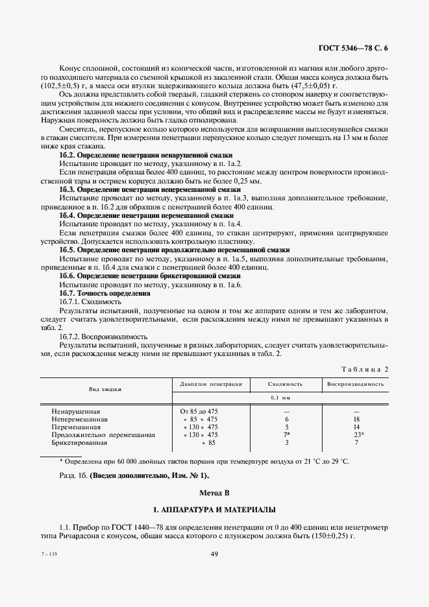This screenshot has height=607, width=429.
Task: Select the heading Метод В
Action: [x=214, y=494]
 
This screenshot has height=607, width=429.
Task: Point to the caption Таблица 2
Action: [x=365, y=369]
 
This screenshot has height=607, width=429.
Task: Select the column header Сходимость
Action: [x=286, y=384]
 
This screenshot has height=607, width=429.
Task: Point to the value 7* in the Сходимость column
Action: [x=287, y=434]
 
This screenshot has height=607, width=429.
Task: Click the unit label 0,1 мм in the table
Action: [x=286, y=397]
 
